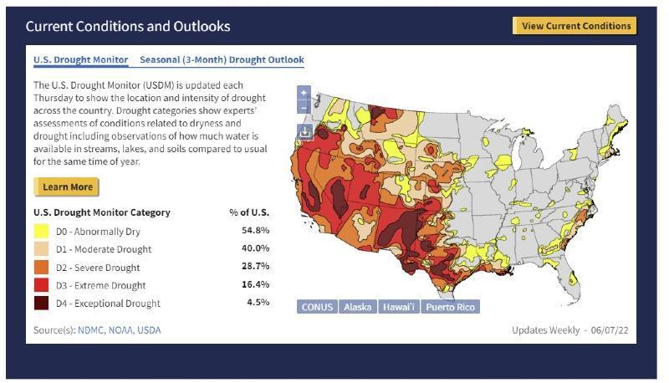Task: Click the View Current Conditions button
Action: pos(575,26)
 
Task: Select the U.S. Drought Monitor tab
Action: pos(80,60)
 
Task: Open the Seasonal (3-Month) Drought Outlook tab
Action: pos(222,60)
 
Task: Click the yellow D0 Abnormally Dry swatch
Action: pos(42,231)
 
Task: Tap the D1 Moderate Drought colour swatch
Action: pos(42,249)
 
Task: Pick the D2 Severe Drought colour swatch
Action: pos(42,268)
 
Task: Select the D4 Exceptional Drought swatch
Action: pos(42,304)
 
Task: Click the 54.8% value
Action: pos(255,231)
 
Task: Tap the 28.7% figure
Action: pos(255,268)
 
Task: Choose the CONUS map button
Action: pos(317,307)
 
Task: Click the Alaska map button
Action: pos(358,307)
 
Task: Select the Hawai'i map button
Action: pos(399,307)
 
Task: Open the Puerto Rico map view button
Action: pos(450,307)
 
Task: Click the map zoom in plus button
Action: pos(304,93)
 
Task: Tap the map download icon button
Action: pos(304,131)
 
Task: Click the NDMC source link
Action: pos(93,330)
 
